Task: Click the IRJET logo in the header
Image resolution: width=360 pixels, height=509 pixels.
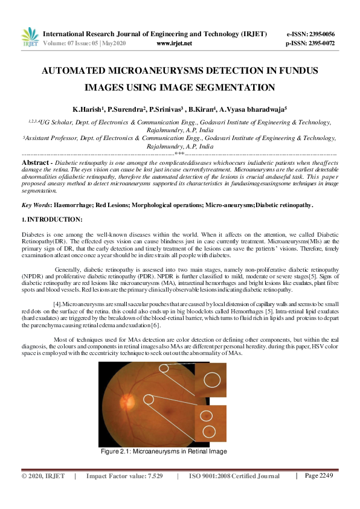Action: click(30, 37)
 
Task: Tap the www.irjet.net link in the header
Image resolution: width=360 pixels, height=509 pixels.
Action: click(174, 43)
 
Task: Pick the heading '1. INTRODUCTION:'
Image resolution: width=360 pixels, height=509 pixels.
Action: click(52, 219)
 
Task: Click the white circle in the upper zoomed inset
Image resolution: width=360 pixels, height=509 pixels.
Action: click(211, 380)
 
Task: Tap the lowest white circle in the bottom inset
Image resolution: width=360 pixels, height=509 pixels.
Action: click(209, 431)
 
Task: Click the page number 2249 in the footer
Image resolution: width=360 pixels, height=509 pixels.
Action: click(326, 476)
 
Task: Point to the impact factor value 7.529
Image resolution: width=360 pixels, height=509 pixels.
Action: click(150, 476)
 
